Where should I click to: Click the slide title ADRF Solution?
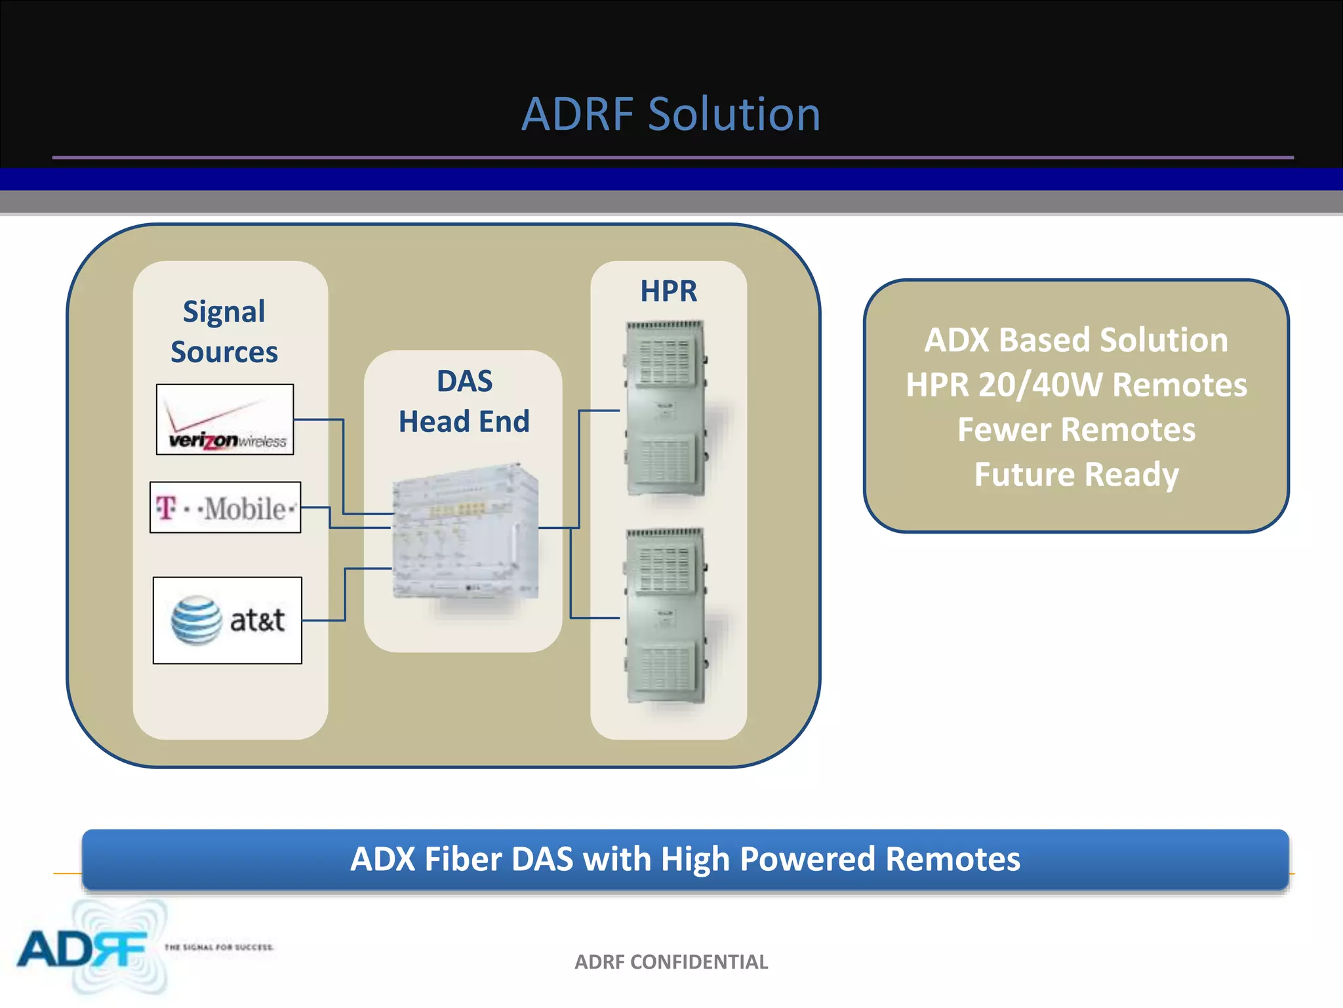coord(671,114)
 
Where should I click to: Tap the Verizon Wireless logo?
coord(225,420)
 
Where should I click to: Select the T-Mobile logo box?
coord(225,508)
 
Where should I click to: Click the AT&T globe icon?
coord(196,620)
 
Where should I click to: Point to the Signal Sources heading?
coord(224,331)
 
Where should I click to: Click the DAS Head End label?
coord(464,401)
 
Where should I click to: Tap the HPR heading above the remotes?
coord(668,291)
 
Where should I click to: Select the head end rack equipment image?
coord(466,532)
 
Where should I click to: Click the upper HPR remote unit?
coord(666,408)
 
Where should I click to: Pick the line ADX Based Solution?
coord(1076,340)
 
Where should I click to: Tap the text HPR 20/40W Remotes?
coord(1076,385)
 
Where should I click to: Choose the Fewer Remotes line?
coord(1076,430)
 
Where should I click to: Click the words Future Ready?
coord(1076,474)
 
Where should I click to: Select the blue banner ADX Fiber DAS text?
coord(685,859)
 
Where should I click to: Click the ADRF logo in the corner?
coord(82,948)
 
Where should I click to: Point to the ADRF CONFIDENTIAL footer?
coord(671,962)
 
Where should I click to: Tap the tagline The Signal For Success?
coord(219,947)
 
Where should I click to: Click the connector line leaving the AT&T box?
coord(324,620)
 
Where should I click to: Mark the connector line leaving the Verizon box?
coord(318,419)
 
